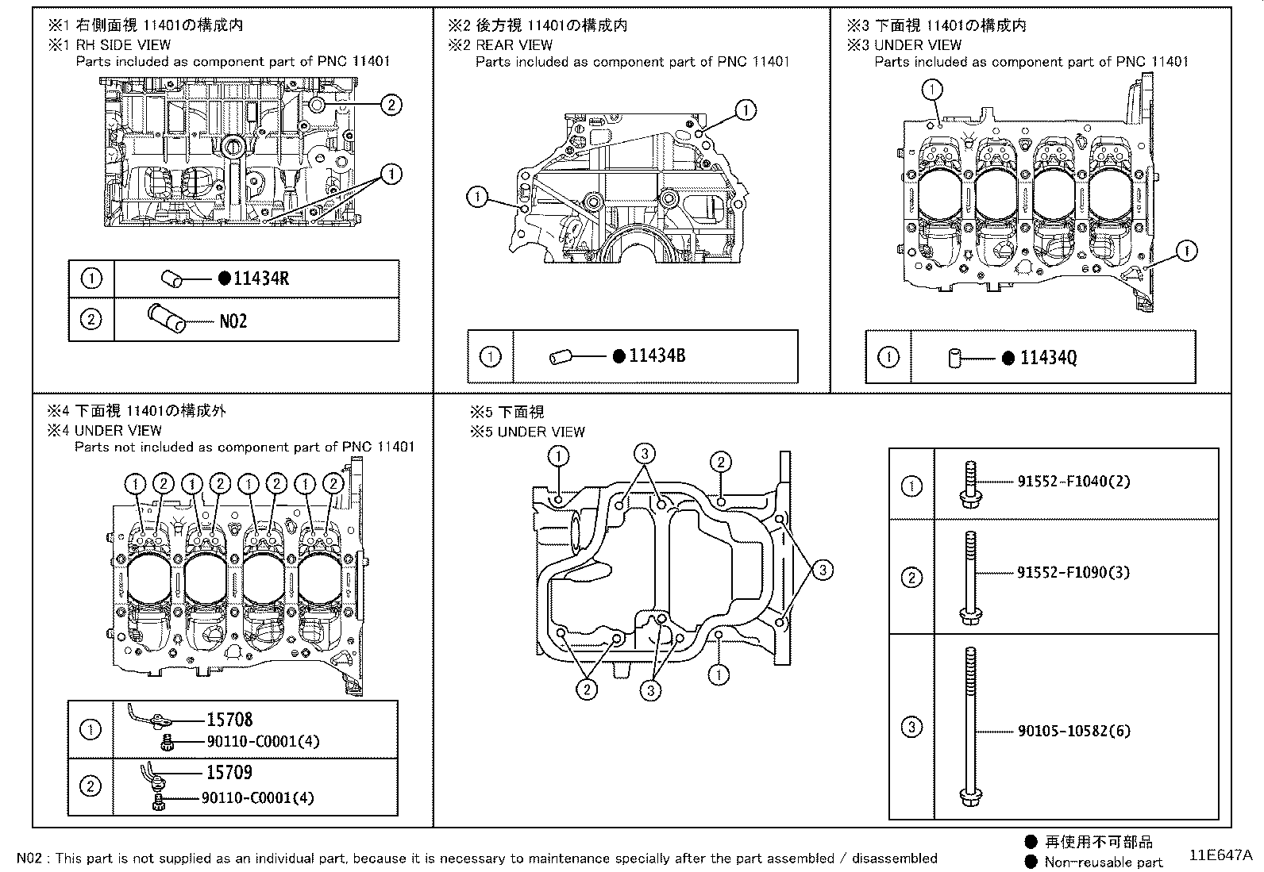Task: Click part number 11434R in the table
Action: pos(261,279)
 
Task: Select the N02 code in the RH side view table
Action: pos(233,321)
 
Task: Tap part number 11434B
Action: pos(657,356)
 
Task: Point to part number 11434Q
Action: pos(1048,358)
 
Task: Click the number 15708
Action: pos(229,720)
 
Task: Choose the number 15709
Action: pos(229,772)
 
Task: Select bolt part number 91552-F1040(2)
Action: pos(1073,482)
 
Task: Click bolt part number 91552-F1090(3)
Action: pos(1073,572)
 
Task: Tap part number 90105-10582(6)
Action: pos(1073,731)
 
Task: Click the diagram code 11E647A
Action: pos(1220,855)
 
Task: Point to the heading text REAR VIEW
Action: pos(514,45)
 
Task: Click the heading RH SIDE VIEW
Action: pos(122,45)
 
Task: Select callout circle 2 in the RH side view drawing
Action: pos(391,103)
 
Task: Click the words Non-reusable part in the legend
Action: pos(1104,862)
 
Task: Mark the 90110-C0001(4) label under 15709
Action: pos(258,798)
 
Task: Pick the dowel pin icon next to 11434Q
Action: pos(955,359)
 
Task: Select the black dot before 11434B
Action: pos(619,356)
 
